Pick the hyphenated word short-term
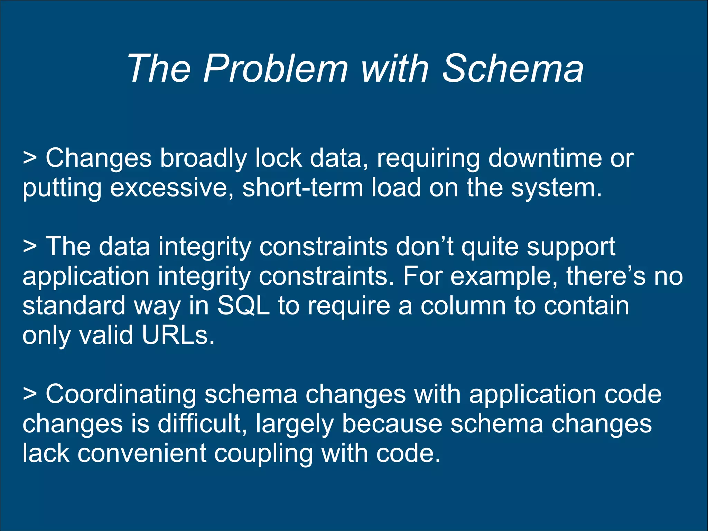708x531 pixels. [302, 188]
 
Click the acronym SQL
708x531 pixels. [243, 306]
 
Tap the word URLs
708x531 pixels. [174, 335]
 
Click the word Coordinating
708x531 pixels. [121, 395]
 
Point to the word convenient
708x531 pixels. [142, 454]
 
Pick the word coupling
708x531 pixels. [263, 454]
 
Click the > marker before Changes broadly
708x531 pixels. [30, 158]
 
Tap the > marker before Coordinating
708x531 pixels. [30, 395]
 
